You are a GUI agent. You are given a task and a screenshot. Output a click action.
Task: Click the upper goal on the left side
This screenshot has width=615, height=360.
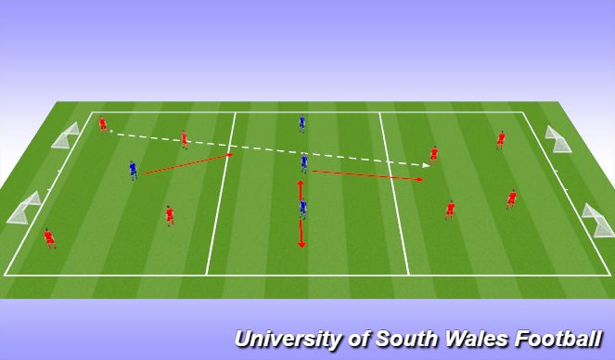tap(66, 135)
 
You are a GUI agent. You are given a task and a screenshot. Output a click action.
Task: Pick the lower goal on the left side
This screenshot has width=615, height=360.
tap(24, 209)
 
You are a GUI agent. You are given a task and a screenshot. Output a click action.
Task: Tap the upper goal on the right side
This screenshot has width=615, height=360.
tap(558, 138)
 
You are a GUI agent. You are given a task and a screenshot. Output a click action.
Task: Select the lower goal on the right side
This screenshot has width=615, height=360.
tap(597, 221)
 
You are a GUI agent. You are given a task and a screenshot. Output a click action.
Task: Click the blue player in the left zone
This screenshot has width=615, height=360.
tap(133, 170)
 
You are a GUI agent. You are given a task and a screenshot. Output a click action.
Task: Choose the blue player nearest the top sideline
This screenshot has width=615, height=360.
tap(301, 122)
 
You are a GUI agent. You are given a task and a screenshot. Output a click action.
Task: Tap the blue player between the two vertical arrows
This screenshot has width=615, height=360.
tap(302, 209)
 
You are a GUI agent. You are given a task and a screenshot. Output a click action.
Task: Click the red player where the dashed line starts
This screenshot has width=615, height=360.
tap(102, 123)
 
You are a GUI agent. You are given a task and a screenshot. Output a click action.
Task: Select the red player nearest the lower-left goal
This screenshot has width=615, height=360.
tap(49, 238)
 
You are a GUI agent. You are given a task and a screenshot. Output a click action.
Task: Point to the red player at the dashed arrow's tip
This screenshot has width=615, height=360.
tap(433, 154)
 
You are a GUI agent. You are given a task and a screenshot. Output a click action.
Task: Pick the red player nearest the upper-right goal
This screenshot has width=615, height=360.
tap(501, 140)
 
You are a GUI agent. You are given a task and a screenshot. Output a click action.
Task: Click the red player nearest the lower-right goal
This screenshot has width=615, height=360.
tap(511, 199)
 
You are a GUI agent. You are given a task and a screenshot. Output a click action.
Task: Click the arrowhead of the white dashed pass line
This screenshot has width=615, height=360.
tap(426, 165)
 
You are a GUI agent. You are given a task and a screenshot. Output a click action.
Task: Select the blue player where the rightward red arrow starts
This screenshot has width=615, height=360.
tap(303, 163)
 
